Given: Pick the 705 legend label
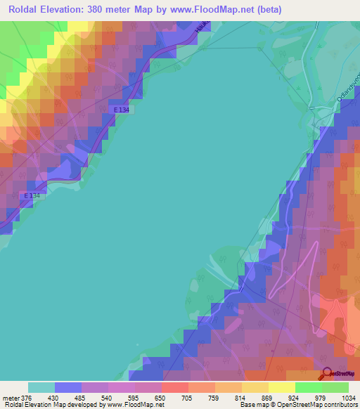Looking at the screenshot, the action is click(x=167, y=397).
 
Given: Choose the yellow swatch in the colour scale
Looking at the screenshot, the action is click(x=282, y=387).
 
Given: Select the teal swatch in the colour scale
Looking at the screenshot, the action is click(x=41, y=387).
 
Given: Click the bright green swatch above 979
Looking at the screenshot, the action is click(x=309, y=387).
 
